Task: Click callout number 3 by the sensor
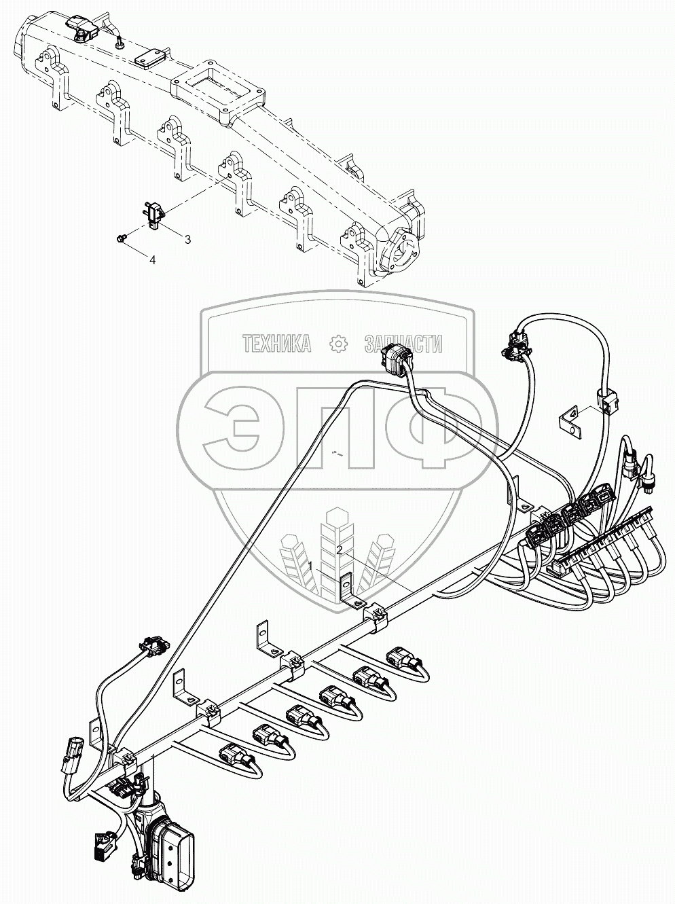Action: click(x=187, y=239)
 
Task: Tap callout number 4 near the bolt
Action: click(x=152, y=259)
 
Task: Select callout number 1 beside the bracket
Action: click(x=310, y=566)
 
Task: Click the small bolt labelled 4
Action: click(x=122, y=237)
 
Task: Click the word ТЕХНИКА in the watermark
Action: click(x=277, y=344)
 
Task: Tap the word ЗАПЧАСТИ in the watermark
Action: click(x=403, y=344)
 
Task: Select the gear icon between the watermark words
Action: click(x=337, y=344)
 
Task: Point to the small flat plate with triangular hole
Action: click(x=571, y=418)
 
